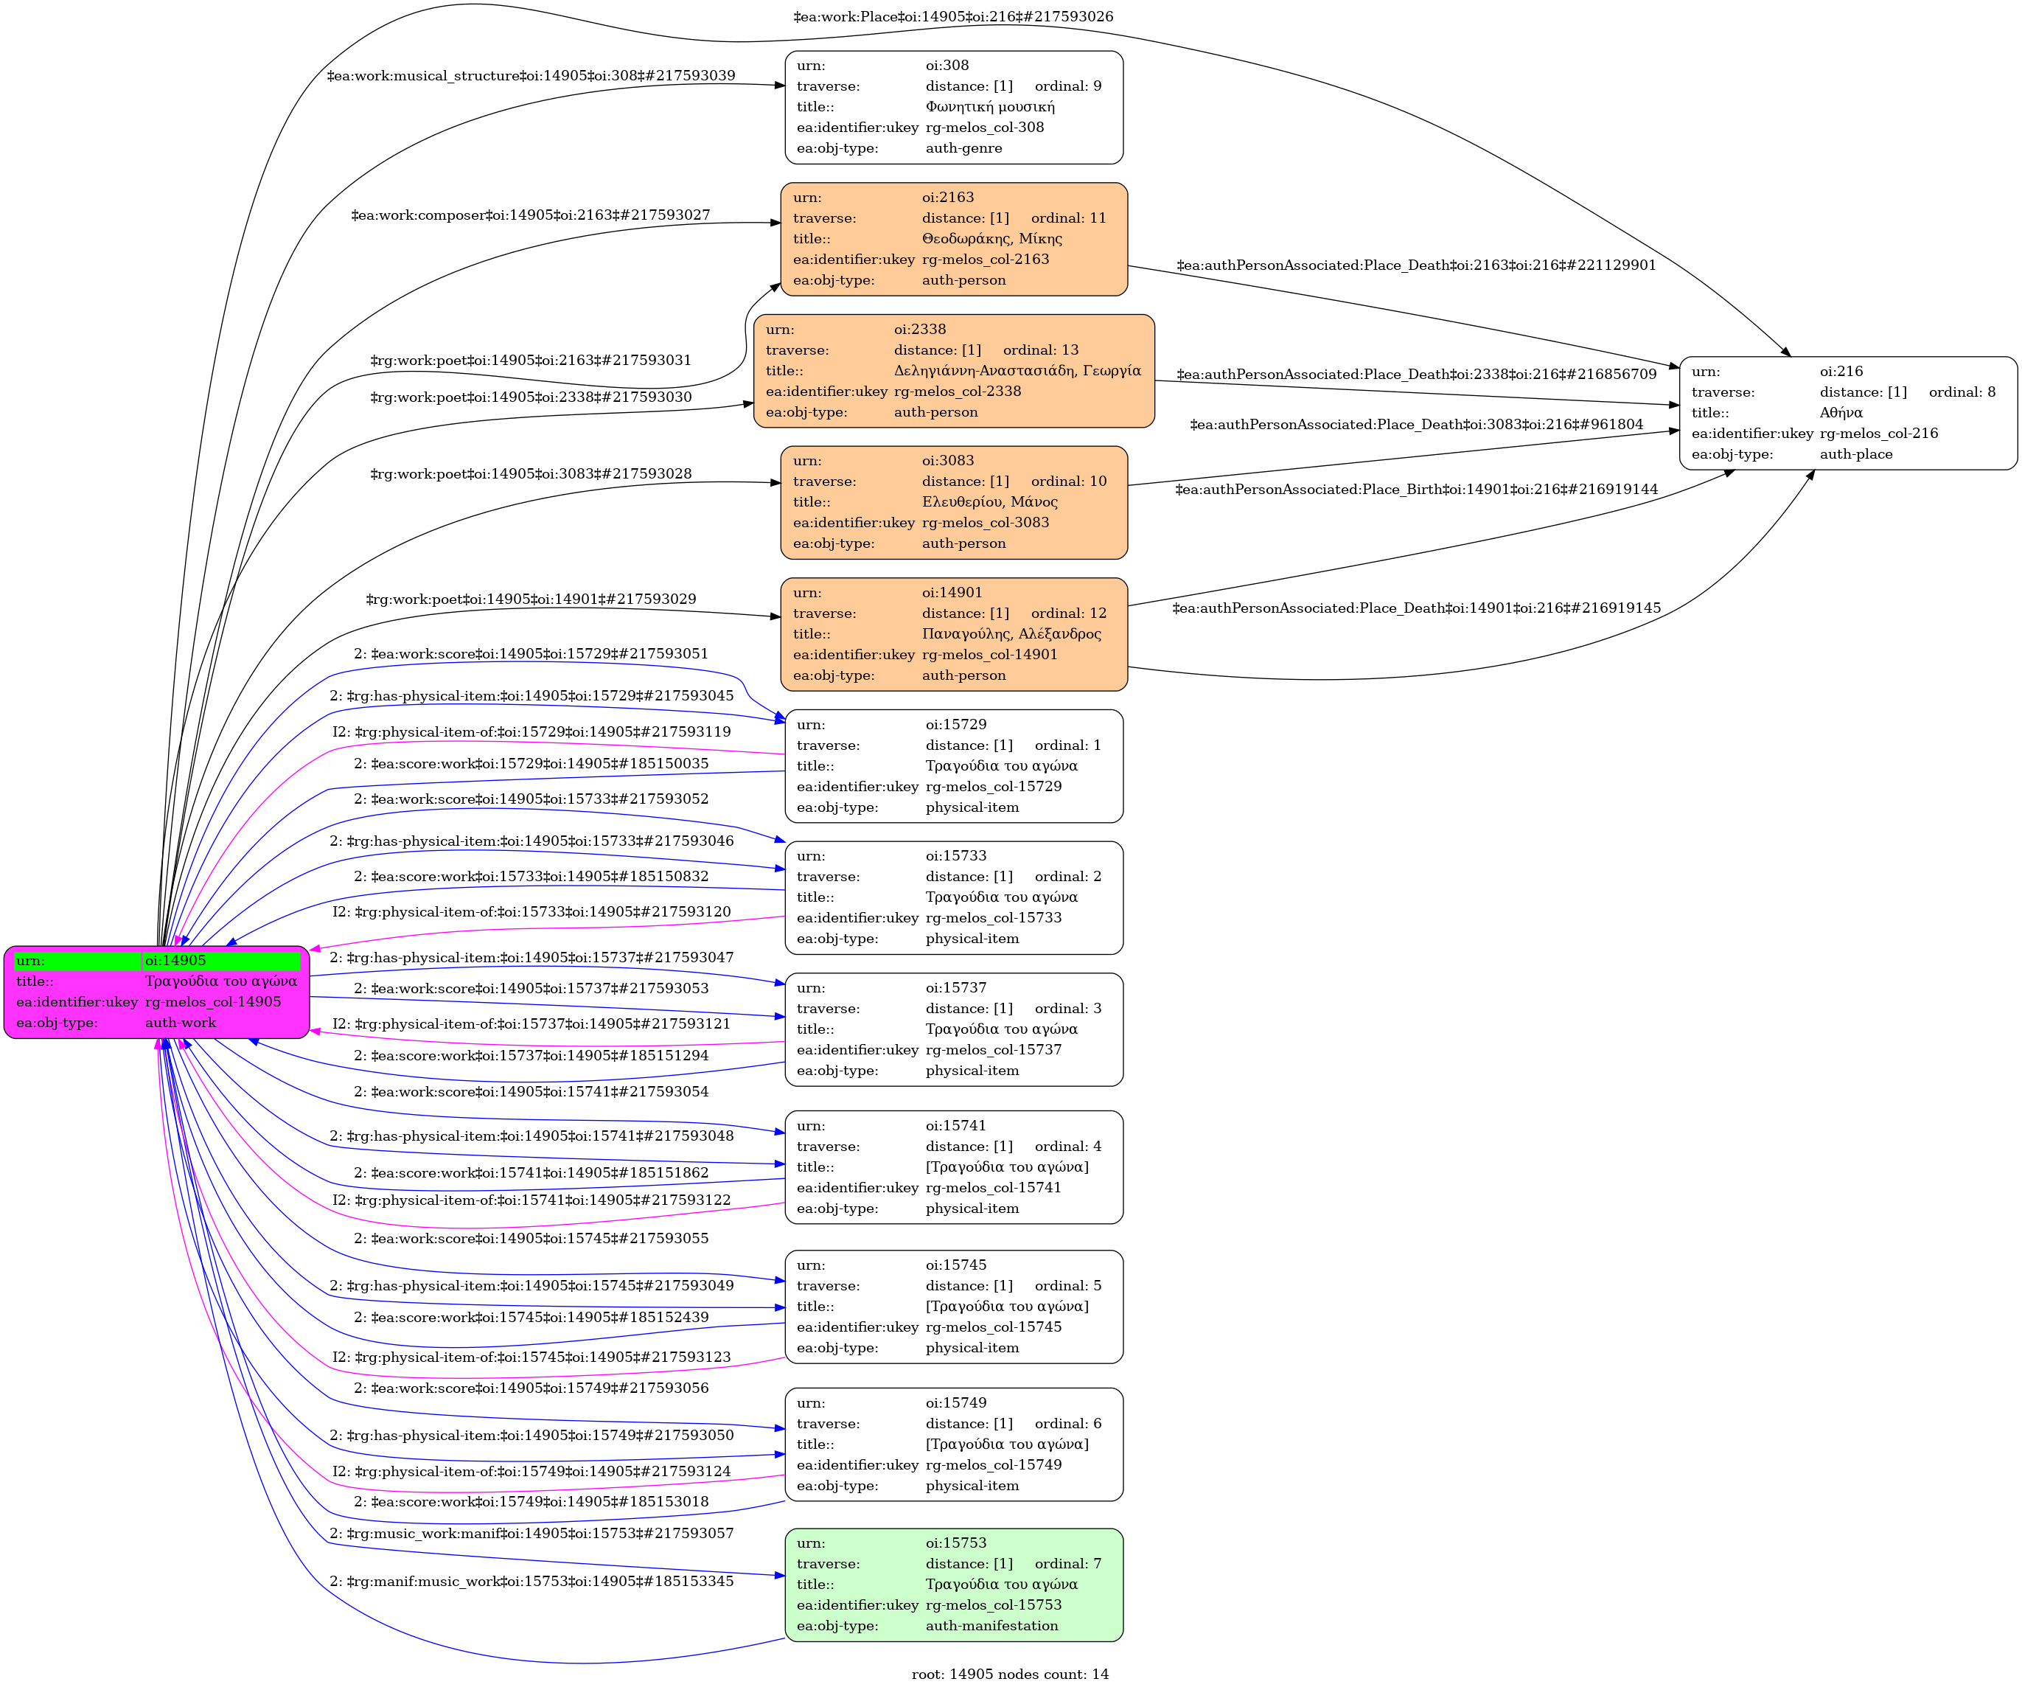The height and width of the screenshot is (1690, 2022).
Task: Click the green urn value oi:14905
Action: [x=175, y=960]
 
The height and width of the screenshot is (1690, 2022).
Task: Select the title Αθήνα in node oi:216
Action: [x=1841, y=412]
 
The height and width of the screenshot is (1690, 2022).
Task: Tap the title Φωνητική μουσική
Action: [x=990, y=107]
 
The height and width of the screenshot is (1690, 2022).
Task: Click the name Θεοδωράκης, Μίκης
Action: [x=991, y=239]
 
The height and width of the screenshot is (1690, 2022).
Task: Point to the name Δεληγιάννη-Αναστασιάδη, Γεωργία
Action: [x=1017, y=371]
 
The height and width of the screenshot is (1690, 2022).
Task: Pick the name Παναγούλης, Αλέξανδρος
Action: [x=1011, y=633]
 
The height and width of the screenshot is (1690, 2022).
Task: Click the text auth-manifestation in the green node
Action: [x=991, y=1625]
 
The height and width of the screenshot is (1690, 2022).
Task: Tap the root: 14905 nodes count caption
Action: [x=1010, y=1674]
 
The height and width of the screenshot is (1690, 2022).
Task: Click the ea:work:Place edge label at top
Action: [x=952, y=16]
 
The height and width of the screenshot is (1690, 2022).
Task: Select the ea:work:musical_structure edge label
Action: [x=531, y=75]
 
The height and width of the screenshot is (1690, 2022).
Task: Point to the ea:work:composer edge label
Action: [x=531, y=215]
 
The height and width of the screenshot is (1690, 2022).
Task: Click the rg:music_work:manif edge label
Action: [x=531, y=1533]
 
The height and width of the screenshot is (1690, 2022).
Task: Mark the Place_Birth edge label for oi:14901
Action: [x=1416, y=489]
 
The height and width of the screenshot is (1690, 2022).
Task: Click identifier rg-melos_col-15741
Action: [x=993, y=1187]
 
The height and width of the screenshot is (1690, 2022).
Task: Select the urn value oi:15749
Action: [x=955, y=1403]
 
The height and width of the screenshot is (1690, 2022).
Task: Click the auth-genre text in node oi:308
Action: [x=963, y=148]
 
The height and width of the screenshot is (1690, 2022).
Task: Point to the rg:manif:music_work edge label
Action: [x=531, y=1581]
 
